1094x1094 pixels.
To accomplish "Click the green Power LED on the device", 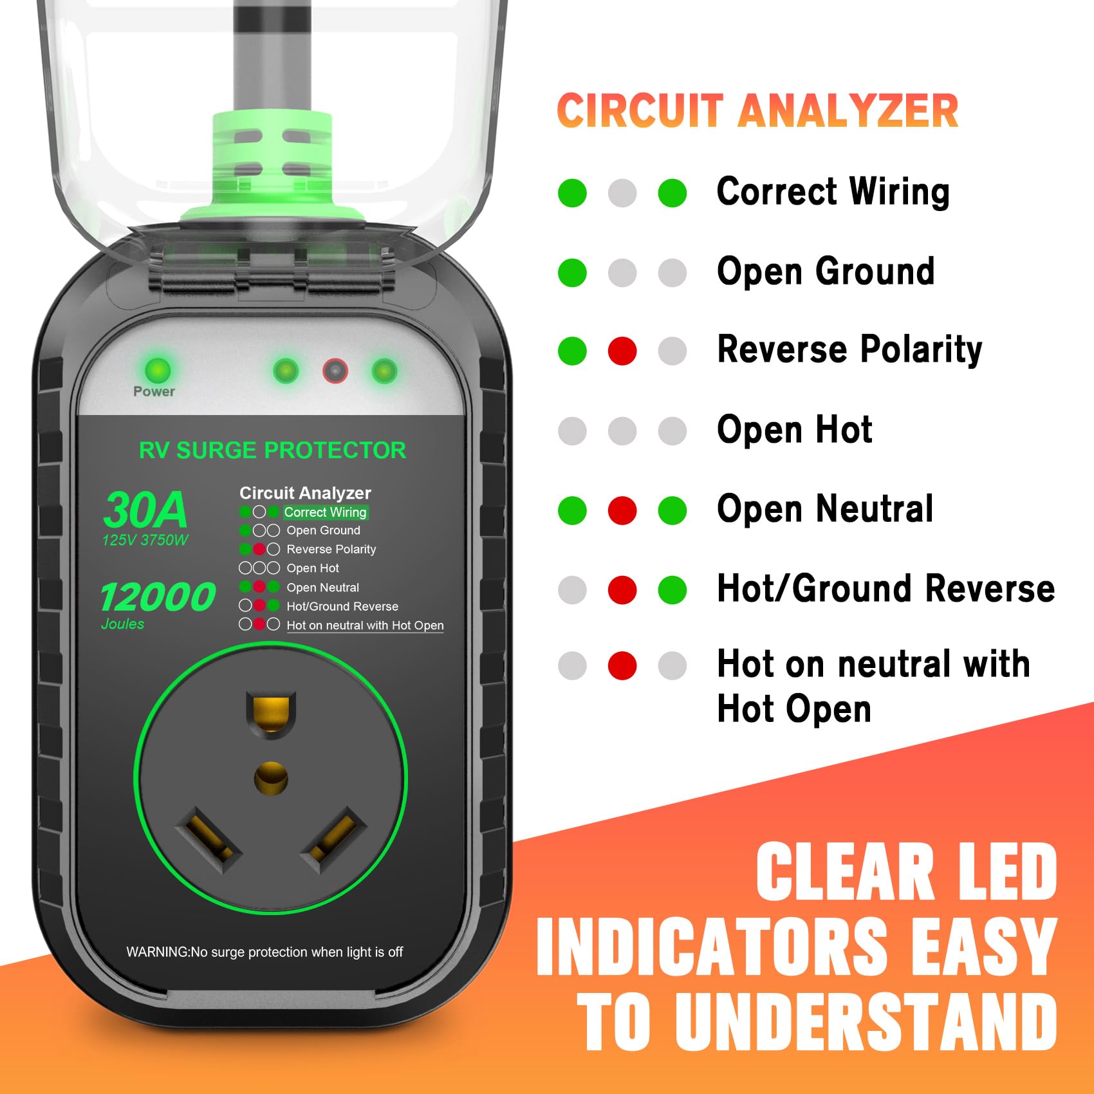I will pyautogui.click(x=158, y=370).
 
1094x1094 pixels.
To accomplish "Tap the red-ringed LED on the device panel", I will pyautogui.click(x=335, y=371).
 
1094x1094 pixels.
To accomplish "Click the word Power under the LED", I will pyautogui.click(x=154, y=391).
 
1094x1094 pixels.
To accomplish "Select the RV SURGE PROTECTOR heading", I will pyautogui.click(x=272, y=450).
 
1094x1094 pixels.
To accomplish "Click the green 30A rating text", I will pyautogui.click(x=145, y=510).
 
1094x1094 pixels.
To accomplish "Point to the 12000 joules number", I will pyautogui.click(x=158, y=597).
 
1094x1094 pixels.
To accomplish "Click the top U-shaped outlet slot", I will pyautogui.click(x=271, y=712).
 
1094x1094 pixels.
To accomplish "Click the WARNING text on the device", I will pyautogui.click(x=264, y=952).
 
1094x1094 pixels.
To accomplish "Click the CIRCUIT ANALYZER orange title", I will pyautogui.click(x=757, y=111).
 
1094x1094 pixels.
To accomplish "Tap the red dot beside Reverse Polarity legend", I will pyautogui.click(x=622, y=351).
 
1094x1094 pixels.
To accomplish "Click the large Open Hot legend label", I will pyautogui.click(x=795, y=429).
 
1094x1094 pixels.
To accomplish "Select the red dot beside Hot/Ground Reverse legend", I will pyautogui.click(x=622, y=590).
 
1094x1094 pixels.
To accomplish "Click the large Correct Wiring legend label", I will pyautogui.click(x=833, y=192).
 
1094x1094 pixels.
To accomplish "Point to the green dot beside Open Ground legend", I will pyautogui.click(x=572, y=273).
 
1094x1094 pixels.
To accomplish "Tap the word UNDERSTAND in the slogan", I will pyautogui.click(x=866, y=1022).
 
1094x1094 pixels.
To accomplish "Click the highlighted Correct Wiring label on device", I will pyautogui.click(x=325, y=512).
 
